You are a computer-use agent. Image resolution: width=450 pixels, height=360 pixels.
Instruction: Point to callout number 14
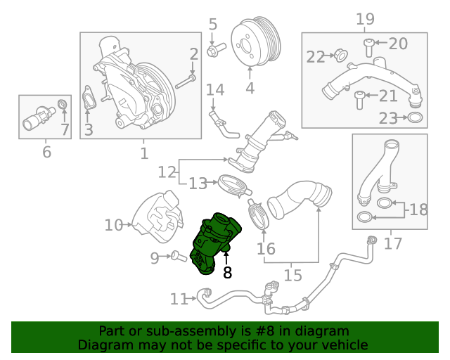click(x=214, y=90)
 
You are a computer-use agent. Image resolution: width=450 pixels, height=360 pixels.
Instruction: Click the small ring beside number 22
click(x=340, y=54)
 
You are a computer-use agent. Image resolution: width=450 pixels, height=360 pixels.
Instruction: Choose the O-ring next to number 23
click(x=415, y=118)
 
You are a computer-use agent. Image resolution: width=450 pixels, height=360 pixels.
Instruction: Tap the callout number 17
click(x=393, y=244)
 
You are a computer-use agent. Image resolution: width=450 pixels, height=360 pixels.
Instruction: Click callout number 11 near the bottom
click(x=179, y=300)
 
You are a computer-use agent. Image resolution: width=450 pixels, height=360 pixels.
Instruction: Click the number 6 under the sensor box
click(x=47, y=152)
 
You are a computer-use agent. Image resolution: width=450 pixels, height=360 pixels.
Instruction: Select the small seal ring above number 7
click(x=63, y=106)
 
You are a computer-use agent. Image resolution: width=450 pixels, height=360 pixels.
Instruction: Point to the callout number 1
click(x=143, y=153)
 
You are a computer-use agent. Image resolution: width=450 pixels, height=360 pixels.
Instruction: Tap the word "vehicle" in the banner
click(x=345, y=345)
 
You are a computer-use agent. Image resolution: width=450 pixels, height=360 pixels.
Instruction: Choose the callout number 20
click(x=397, y=44)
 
